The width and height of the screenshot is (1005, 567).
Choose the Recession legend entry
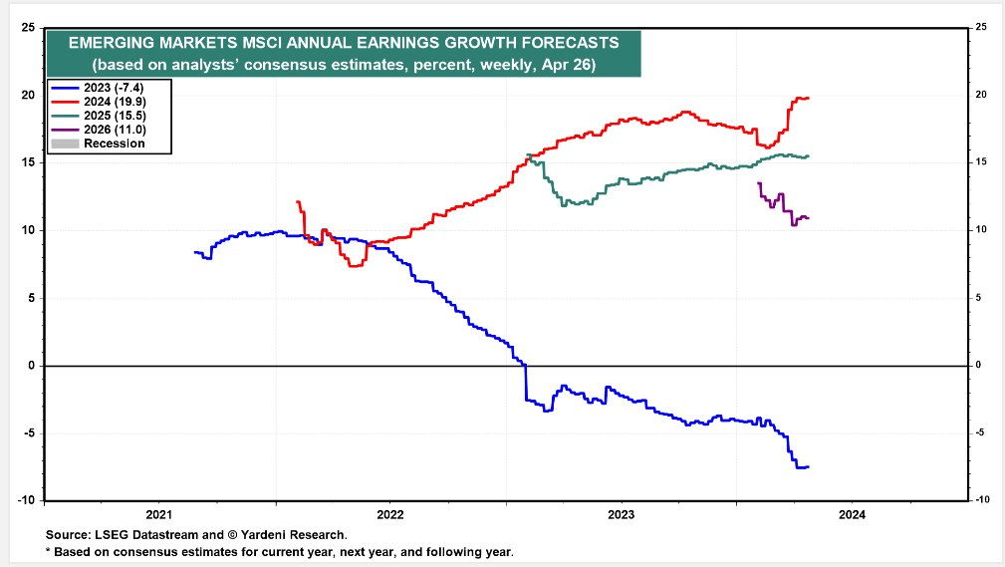113,143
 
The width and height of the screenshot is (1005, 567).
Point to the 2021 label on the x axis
159,514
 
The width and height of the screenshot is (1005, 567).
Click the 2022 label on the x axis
389,514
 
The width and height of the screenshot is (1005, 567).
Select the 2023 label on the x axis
621,514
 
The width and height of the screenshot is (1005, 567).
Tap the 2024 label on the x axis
852,514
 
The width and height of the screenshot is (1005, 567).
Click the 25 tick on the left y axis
29,27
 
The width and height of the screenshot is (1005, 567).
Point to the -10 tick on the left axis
27,500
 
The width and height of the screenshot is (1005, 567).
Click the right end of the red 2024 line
809,98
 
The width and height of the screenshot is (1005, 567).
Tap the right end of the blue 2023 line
809,466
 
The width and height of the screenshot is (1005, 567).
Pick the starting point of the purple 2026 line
759,182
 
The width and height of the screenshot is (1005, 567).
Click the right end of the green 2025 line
809,155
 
